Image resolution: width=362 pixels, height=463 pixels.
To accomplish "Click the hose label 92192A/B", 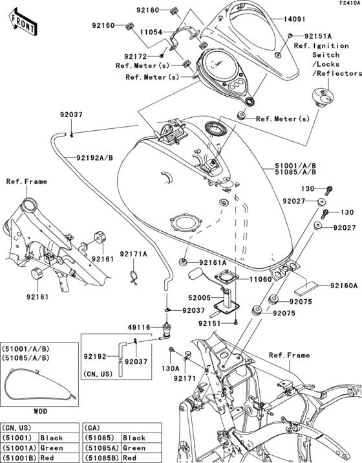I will coord(95,157).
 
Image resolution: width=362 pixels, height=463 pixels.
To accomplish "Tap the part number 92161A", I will coord(213,263).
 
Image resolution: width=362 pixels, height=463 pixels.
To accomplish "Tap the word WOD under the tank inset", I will coord(39,411).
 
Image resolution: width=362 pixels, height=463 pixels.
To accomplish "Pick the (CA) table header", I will coord(95,427).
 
